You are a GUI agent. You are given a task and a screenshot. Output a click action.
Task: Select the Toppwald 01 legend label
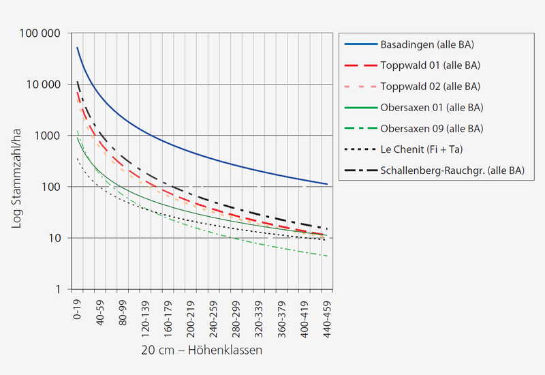coord(431,65)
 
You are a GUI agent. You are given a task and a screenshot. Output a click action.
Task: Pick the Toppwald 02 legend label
coord(431,87)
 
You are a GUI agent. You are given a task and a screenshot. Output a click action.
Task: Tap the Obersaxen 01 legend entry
coord(432,108)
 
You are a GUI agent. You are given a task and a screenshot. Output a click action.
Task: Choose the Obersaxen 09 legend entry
coord(432,128)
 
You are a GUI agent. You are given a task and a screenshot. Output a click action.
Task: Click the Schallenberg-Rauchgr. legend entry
coord(452,170)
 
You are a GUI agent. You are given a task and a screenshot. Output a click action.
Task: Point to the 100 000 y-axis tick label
coord(42,33)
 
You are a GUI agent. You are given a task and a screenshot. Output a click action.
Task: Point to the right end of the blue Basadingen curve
coord(328,184)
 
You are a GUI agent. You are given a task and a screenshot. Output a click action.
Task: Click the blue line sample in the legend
coord(359,45)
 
